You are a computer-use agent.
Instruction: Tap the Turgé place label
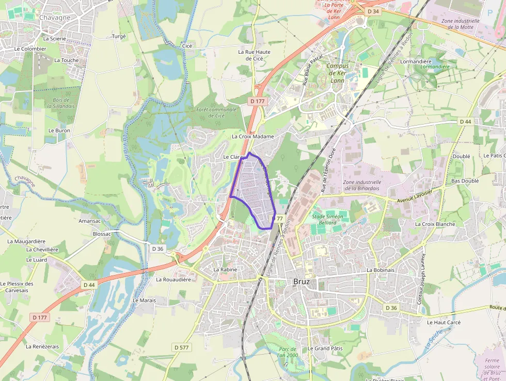[x=119, y=37]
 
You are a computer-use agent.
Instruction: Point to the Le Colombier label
[x=30, y=49]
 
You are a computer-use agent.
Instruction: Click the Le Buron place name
[x=59, y=131]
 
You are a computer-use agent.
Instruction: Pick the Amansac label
[x=89, y=221]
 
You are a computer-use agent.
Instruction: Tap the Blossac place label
[x=102, y=234]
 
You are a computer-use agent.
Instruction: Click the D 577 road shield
[x=182, y=347]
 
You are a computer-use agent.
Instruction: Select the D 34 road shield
[x=373, y=11]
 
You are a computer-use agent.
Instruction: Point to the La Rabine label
[x=225, y=270]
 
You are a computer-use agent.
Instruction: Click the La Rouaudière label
[x=173, y=280]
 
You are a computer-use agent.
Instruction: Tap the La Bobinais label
[x=381, y=270]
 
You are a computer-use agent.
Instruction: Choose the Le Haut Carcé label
[x=444, y=322]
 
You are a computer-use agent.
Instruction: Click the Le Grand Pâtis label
[x=325, y=348]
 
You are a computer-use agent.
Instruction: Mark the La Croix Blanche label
[x=435, y=224]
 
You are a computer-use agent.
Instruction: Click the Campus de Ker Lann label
[x=338, y=73]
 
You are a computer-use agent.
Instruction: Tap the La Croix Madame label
[x=253, y=136]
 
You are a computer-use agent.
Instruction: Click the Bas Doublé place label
[x=465, y=181]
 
